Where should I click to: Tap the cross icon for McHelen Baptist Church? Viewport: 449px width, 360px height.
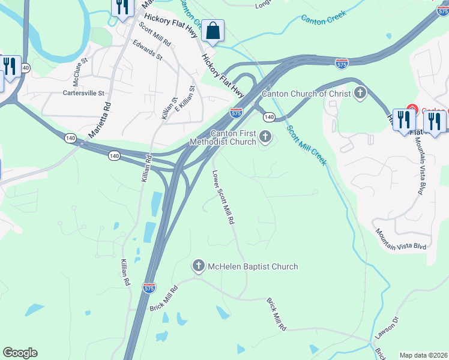(x=199, y=266)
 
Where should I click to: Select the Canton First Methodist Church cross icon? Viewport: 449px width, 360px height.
(x=265, y=139)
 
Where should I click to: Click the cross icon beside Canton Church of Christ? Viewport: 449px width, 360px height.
(x=360, y=93)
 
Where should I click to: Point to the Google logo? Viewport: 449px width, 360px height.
(x=20, y=353)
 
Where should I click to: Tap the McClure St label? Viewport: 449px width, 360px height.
(x=80, y=70)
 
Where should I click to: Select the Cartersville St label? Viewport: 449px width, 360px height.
(x=84, y=93)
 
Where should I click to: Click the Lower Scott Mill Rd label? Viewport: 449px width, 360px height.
(x=222, y=197)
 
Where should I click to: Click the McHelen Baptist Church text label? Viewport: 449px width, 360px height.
(x=252, y=266)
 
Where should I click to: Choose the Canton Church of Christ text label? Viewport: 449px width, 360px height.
(x=306, y=93)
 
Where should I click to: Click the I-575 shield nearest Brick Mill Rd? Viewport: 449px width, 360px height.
(x=149, y=288)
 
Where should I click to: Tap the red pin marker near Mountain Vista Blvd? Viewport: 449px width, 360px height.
(x=411, y=110)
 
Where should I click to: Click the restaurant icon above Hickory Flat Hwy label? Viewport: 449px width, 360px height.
(x=122, y=7)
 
